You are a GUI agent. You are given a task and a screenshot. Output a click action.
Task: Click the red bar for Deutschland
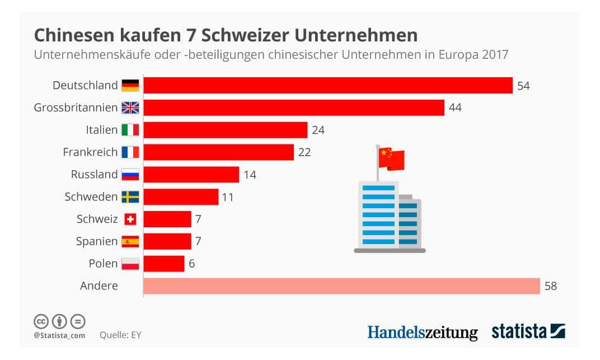pyautogui.click(x=328, y=85)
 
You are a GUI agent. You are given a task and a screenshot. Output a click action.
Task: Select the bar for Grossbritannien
pyautogui.click(x=294, y=107)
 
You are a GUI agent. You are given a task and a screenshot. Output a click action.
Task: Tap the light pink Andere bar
pyautogui.click(x=341, y=286)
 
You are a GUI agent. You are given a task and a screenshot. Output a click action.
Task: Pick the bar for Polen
pyautogui.click(x=164, y=264)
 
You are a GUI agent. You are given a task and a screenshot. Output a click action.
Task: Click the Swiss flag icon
pyautogui.click(x=130, y=219)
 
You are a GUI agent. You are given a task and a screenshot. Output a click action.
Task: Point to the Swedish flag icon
pyautogui.click(x=130, y=197)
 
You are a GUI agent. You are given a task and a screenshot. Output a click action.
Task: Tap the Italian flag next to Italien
pyautogui.click(x=130, y=130)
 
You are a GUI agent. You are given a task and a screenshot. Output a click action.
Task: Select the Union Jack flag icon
pyautogui.click(x=130, y=107)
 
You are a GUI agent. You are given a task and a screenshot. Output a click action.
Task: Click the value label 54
pyautogui.click(x=523, y=86)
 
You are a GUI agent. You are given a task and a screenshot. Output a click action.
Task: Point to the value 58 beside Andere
pyautogui.click(x=551, y=286)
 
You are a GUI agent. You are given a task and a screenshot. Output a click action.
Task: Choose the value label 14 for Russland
pyautogui.click(x=250, y=175)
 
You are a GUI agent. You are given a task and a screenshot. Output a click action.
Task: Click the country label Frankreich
pyautogui.click(x=90, y=152)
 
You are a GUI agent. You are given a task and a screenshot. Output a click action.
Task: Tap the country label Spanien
pyautogui.click(x=97, y=241)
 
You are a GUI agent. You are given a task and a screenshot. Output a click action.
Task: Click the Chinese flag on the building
pyautogui.click(x=391, y=158)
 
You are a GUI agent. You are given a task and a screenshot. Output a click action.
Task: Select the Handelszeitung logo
pyautogui.click(x=423, y=332)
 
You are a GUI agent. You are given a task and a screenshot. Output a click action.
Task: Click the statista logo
pyautogui.click(x=528, y=331)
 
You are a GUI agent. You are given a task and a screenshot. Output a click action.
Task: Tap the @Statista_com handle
pyautogui.click(x=59, y=335)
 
